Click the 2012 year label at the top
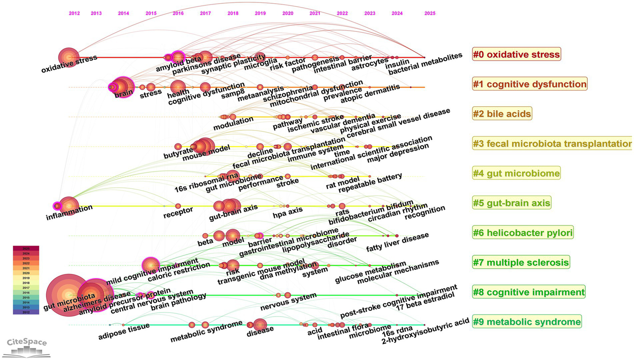74,13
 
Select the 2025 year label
430,13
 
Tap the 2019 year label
260,13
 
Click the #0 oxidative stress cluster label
516,54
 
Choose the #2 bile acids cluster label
502,114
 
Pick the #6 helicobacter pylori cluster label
522,233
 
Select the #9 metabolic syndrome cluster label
527,322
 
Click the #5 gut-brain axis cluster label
511,203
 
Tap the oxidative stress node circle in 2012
69,57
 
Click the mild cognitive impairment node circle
151,265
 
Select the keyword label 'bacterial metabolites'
425,64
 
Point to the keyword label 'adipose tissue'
124,331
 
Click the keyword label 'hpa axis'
288,212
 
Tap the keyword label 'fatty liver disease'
397,242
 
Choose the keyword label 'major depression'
398,153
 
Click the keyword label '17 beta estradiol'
425,301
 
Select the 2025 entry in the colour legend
26,248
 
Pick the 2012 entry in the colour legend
26,312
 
